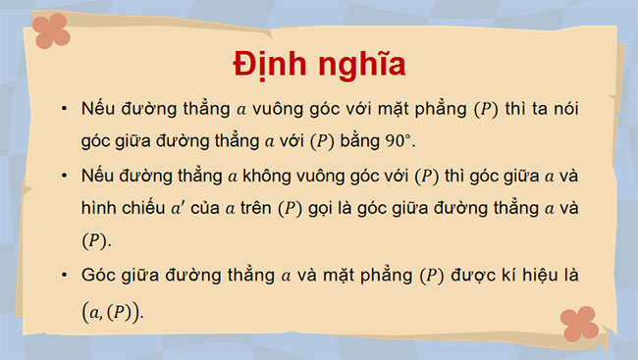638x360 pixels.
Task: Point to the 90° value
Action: point(399,141)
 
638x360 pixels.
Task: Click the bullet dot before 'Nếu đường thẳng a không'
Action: point(64,178)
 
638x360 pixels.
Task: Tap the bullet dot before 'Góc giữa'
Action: point(64,278)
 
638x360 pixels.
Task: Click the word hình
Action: point(102,209)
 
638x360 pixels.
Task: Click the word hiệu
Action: point(546,278)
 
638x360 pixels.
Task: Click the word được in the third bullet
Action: point(464,278)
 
